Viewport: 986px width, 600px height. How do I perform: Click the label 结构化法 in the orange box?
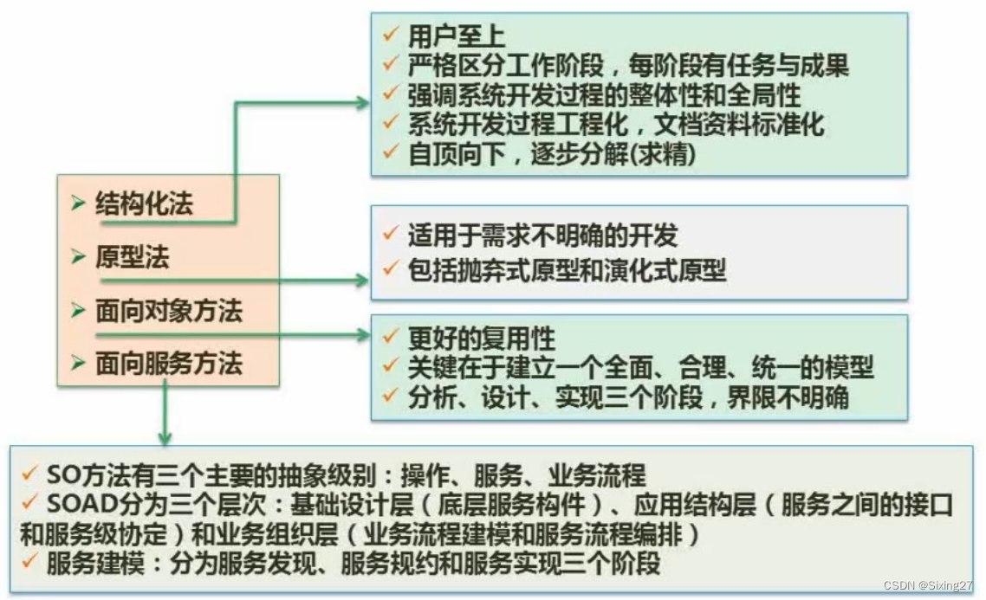pos(144,204)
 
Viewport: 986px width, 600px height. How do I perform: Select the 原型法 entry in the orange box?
pos(132,257)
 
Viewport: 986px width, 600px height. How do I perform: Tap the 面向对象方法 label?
pos(168,311)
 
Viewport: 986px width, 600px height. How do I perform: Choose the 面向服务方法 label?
pos(168,364)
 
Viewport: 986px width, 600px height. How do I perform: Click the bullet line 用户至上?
pos(457,36)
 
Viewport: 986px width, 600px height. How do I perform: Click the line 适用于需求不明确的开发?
pos(543,235)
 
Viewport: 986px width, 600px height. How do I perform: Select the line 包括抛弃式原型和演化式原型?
pos(567,270)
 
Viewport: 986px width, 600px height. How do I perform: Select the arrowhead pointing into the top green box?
pos(362,102)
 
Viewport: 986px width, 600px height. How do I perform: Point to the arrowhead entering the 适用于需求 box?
pos(362,281)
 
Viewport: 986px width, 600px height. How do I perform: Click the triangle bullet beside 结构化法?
pos(78,205)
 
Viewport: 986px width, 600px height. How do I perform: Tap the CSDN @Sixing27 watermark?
pos(931,585)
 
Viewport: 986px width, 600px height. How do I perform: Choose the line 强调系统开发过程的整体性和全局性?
pos(604,94)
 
